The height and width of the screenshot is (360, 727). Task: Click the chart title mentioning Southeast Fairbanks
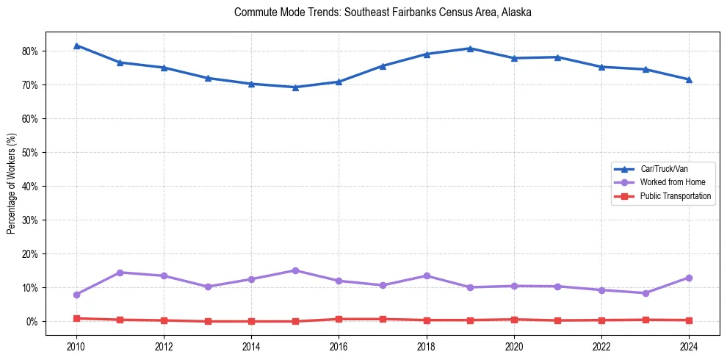click(x=382, y=12)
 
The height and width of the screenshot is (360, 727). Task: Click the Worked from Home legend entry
click(x=668, y=182)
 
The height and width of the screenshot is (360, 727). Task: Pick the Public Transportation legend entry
click(x=675, y=196)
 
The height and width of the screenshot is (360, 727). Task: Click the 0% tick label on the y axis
click(x=32, y=322)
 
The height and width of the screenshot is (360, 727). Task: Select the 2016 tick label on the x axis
click(x=339, y=347)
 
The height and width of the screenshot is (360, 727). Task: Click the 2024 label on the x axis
click(x=689, y=347)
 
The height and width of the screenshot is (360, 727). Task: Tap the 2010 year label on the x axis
click(x=76, y=347)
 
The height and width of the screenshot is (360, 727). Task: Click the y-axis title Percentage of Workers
click(x=12, y=184)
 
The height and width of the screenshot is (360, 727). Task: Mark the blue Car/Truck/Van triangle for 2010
click(x=76, y=46)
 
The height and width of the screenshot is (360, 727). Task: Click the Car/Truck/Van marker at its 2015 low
click(x=295, y=87)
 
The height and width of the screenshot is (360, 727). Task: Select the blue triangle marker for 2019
click(x=470, y=48)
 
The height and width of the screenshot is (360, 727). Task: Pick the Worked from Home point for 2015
click(x=295, y=270)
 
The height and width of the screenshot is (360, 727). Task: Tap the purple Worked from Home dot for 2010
click(x=76, y=295)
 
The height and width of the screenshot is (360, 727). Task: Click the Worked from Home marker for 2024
click(x=689, y=278)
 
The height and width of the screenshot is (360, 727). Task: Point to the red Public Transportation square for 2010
click(x=76, y=318)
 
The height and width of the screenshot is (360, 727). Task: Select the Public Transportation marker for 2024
click(x=689, y=320)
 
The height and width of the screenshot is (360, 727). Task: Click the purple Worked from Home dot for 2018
click(x=427, y=276)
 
